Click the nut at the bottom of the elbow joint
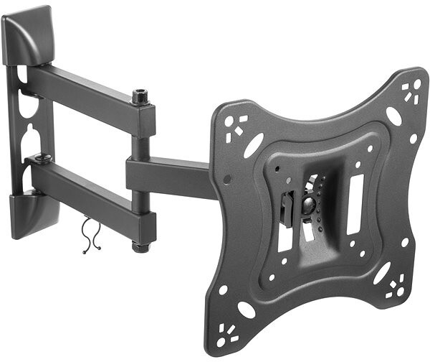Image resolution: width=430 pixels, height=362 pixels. (138, 247)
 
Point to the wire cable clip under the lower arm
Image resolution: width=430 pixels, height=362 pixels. (89, 236)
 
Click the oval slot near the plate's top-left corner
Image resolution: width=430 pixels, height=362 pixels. (253, 145)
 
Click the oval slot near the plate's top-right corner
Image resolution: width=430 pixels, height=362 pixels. (393, 116)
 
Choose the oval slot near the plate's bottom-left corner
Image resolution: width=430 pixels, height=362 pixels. (245, 309)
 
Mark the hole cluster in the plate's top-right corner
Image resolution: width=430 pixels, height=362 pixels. (411, 91)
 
